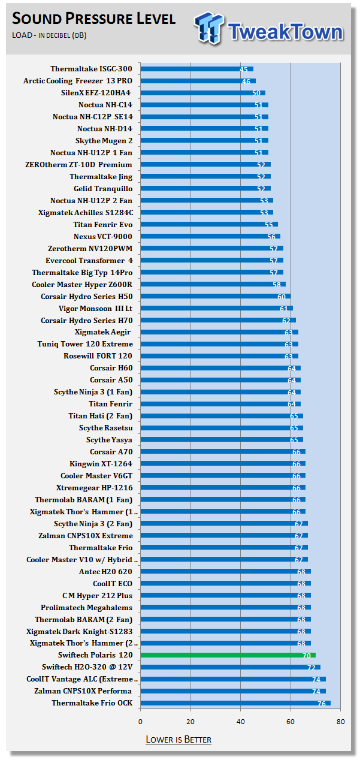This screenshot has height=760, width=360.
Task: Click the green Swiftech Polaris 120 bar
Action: (228, 655)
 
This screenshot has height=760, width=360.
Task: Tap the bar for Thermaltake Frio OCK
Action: (235, 703)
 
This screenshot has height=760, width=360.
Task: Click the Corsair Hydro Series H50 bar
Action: (215, 296)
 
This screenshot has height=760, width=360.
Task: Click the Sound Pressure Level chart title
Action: (94, 19)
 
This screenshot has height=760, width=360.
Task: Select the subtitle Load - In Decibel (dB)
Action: (49, 35)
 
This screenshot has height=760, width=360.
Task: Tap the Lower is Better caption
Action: (179, 739)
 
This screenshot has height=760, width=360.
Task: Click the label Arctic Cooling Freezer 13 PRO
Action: (78, 81)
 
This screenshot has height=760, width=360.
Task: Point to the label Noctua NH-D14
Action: (105, 129)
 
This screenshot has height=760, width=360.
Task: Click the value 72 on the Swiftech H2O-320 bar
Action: (311, 667)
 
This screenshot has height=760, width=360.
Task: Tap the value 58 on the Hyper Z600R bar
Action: (277, 284)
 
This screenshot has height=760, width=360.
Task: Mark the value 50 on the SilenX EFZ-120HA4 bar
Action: (256, 93)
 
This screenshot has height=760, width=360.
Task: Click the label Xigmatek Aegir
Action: (102, 332)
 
